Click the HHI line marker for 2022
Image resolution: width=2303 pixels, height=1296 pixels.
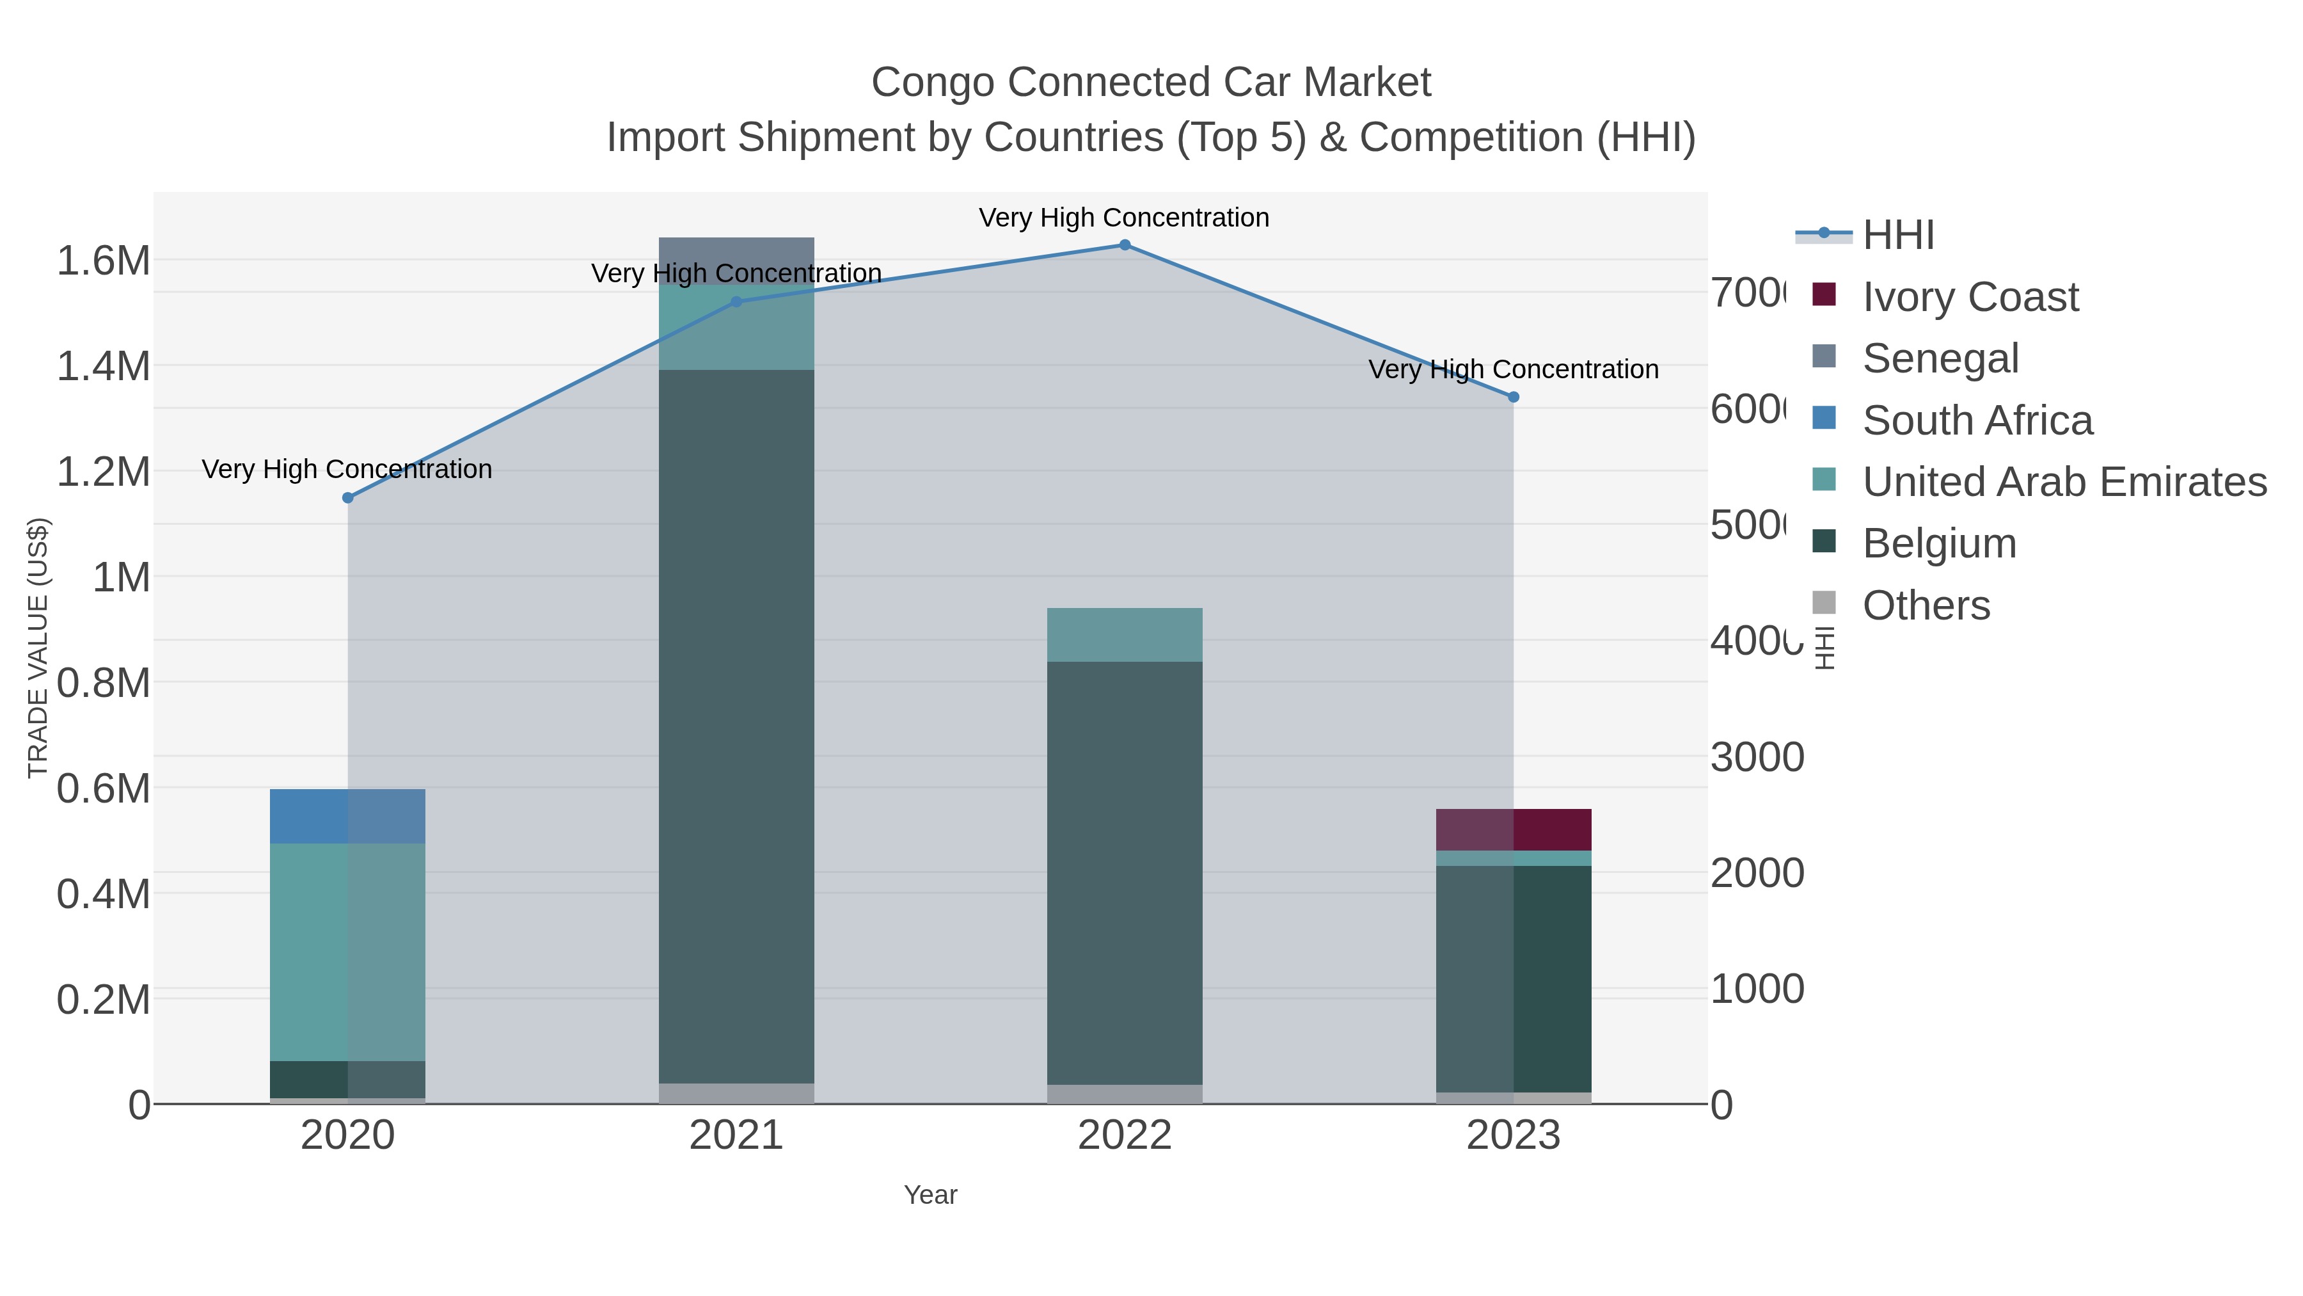click(1125, 245)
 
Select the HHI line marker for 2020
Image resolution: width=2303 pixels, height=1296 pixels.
click(348, 498)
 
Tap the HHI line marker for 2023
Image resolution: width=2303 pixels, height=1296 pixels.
click(1514, 397)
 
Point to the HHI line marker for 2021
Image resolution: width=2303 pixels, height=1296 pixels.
click(737, 302)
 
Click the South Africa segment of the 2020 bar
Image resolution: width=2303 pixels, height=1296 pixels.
click(348, 817)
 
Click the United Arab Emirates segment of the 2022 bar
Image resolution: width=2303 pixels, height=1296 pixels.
click(1125, 635)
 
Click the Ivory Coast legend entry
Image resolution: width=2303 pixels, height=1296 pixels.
click(1970, 297)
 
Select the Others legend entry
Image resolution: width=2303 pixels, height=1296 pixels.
click(1926, 605)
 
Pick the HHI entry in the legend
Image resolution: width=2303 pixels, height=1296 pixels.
click(1897, 236)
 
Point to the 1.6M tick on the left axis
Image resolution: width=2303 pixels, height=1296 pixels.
click(103, 261)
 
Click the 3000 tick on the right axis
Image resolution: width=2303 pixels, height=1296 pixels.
click(1757, 758)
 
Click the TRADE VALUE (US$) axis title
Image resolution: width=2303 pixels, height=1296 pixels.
click(38, 648)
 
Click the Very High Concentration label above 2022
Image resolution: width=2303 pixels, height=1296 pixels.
click(1124, 218)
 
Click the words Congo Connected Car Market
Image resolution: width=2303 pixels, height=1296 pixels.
click(1151, 83)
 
